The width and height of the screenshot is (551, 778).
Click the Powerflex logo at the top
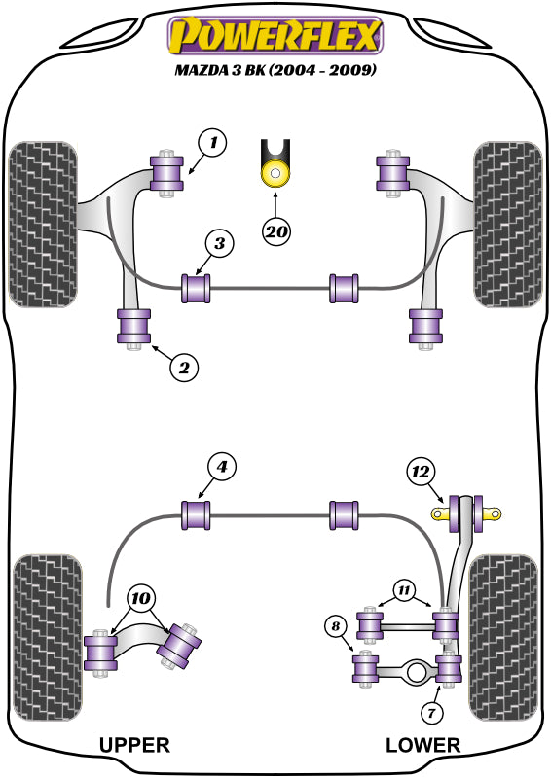275,35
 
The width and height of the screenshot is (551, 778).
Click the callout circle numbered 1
212,143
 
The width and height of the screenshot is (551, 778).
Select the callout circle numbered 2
184,368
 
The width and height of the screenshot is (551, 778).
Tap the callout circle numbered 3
219,243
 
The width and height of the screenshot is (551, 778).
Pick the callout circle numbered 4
221,467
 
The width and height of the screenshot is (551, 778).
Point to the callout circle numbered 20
276,231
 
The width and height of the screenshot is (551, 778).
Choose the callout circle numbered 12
421,472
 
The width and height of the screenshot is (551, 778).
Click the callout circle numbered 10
140,599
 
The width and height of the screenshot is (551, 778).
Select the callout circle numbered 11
404,590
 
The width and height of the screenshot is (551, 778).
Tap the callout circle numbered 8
335,626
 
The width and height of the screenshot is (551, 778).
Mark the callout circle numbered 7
430,713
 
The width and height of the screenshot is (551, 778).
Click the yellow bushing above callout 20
275,173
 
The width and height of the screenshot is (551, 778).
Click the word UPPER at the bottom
134,745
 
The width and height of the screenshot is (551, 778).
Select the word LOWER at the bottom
422,745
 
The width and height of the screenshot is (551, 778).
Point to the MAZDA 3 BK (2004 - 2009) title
275,69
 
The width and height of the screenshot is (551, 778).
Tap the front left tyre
43,225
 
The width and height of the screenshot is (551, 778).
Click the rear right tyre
502,638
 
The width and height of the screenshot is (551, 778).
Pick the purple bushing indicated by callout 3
196,288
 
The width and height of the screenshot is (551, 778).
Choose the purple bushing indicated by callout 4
196,515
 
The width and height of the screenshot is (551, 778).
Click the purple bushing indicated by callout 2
133,326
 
